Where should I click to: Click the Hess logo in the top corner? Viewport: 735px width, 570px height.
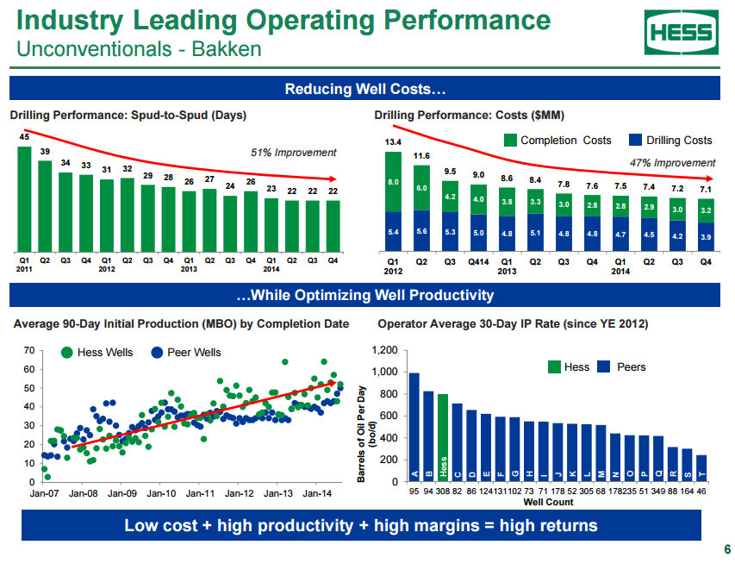[x=681, y=33]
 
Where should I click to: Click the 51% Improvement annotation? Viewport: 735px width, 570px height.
[x=293, y=153]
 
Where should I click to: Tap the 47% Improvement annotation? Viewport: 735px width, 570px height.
[x=672, y=163]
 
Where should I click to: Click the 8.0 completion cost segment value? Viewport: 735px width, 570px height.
[x=393, y=183]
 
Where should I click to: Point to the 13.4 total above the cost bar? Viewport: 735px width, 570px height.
[x=393, y=142]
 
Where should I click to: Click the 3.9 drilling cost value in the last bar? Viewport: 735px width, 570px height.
[x=706, y=236]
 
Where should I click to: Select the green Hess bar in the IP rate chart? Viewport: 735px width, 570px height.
[x=443, y=437]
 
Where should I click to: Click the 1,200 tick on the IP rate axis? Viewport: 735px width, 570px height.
[x=385, y=351]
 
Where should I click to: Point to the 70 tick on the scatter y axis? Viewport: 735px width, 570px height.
[x=28, y=351]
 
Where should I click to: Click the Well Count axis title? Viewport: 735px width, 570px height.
[x=548, y=502]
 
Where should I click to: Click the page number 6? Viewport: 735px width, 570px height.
[x=727, y=550]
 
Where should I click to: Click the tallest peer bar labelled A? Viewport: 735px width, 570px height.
[x=414, y=427]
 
